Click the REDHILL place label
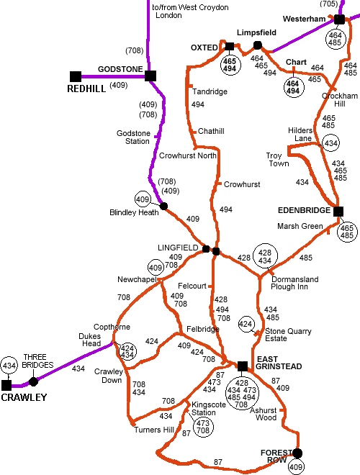tap(86, 89)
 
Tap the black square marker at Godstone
tap(150, 76)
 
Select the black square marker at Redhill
tap(75, 76)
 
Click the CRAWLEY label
tap(24, 397)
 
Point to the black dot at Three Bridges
tap(33, 381)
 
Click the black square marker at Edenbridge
tap(338, 211)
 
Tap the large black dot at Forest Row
tap(297, 453)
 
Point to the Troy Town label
tap(277, 160)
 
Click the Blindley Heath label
tap(134, 212)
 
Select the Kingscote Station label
tap(204, 408)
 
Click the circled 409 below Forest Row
tap(297, 469)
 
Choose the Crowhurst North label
tap(187, 155)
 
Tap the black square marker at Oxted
tap(230, 47)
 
